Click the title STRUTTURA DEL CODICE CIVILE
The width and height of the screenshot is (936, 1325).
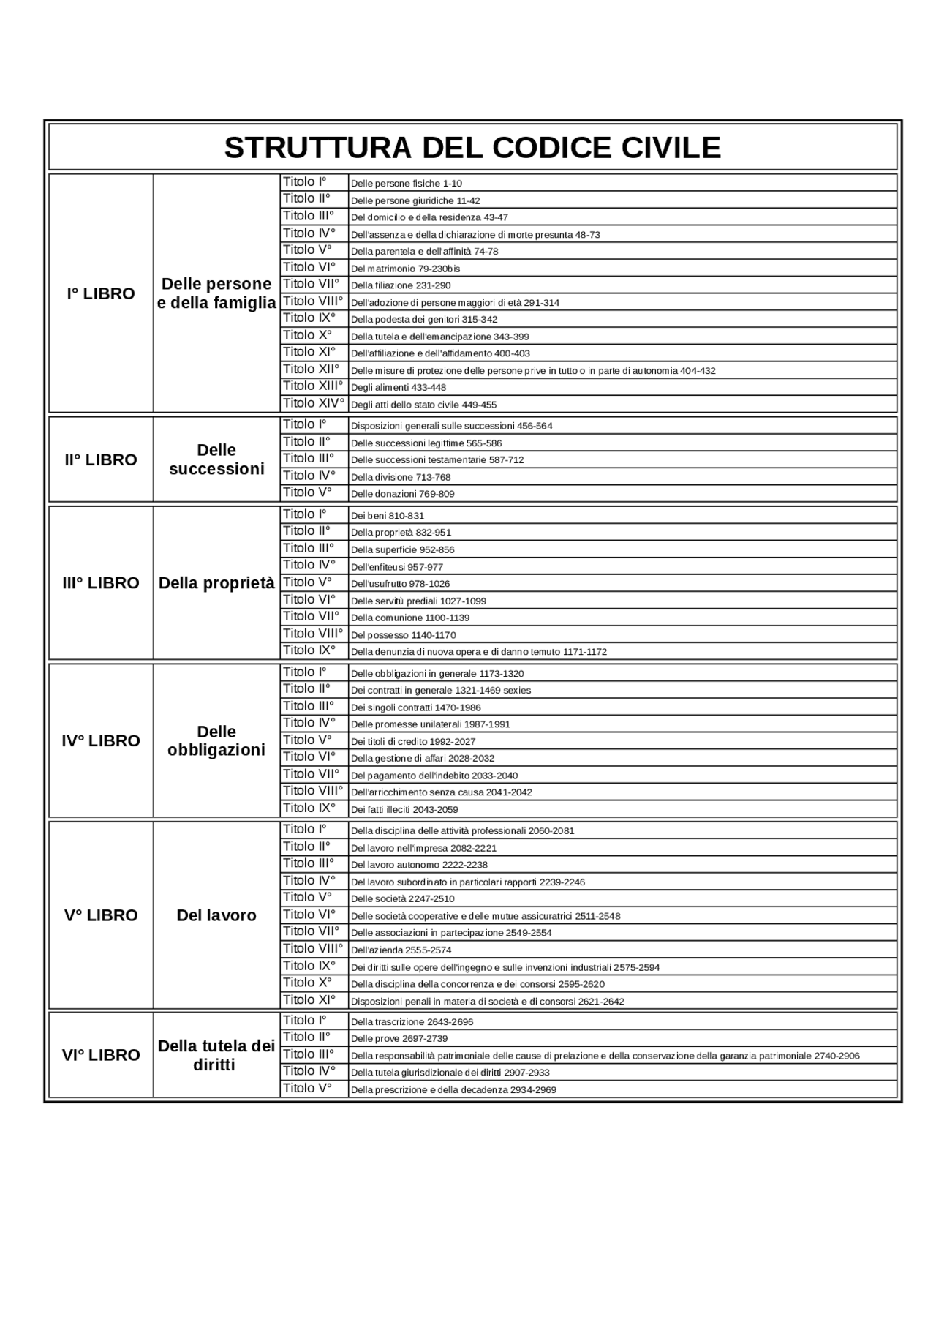[472, 147]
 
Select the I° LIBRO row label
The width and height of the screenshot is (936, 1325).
[101, 293]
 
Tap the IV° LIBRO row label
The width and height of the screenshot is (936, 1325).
[101, 740]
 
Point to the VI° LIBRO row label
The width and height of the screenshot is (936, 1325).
[101, 1054]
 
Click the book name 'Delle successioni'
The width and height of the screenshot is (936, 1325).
[216, 459]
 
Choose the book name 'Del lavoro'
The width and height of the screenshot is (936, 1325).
[216, 915]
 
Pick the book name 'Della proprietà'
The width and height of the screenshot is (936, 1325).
[216, 583]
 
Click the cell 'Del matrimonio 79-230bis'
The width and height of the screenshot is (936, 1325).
[405, 269]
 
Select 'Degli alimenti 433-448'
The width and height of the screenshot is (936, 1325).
[399, 387]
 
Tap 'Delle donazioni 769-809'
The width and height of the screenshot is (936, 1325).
[402, 494]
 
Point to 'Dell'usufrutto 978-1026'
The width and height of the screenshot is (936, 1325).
[400, 584]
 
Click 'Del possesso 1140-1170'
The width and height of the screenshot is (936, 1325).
[403, 635]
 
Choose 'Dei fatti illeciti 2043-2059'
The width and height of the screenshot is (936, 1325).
[404, 809]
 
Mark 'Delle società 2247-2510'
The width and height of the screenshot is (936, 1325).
[402, 898]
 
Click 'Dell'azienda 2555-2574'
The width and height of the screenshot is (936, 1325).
[401, 950]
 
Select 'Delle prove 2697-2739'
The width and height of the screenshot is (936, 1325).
[399, 1038]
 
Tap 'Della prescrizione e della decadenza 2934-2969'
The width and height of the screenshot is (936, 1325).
[453, 1089]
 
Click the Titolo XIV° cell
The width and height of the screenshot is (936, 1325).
[314, 403]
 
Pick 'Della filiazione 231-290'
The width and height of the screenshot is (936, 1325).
[401, 285]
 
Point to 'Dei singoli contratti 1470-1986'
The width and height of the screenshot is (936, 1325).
[415, 707]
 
